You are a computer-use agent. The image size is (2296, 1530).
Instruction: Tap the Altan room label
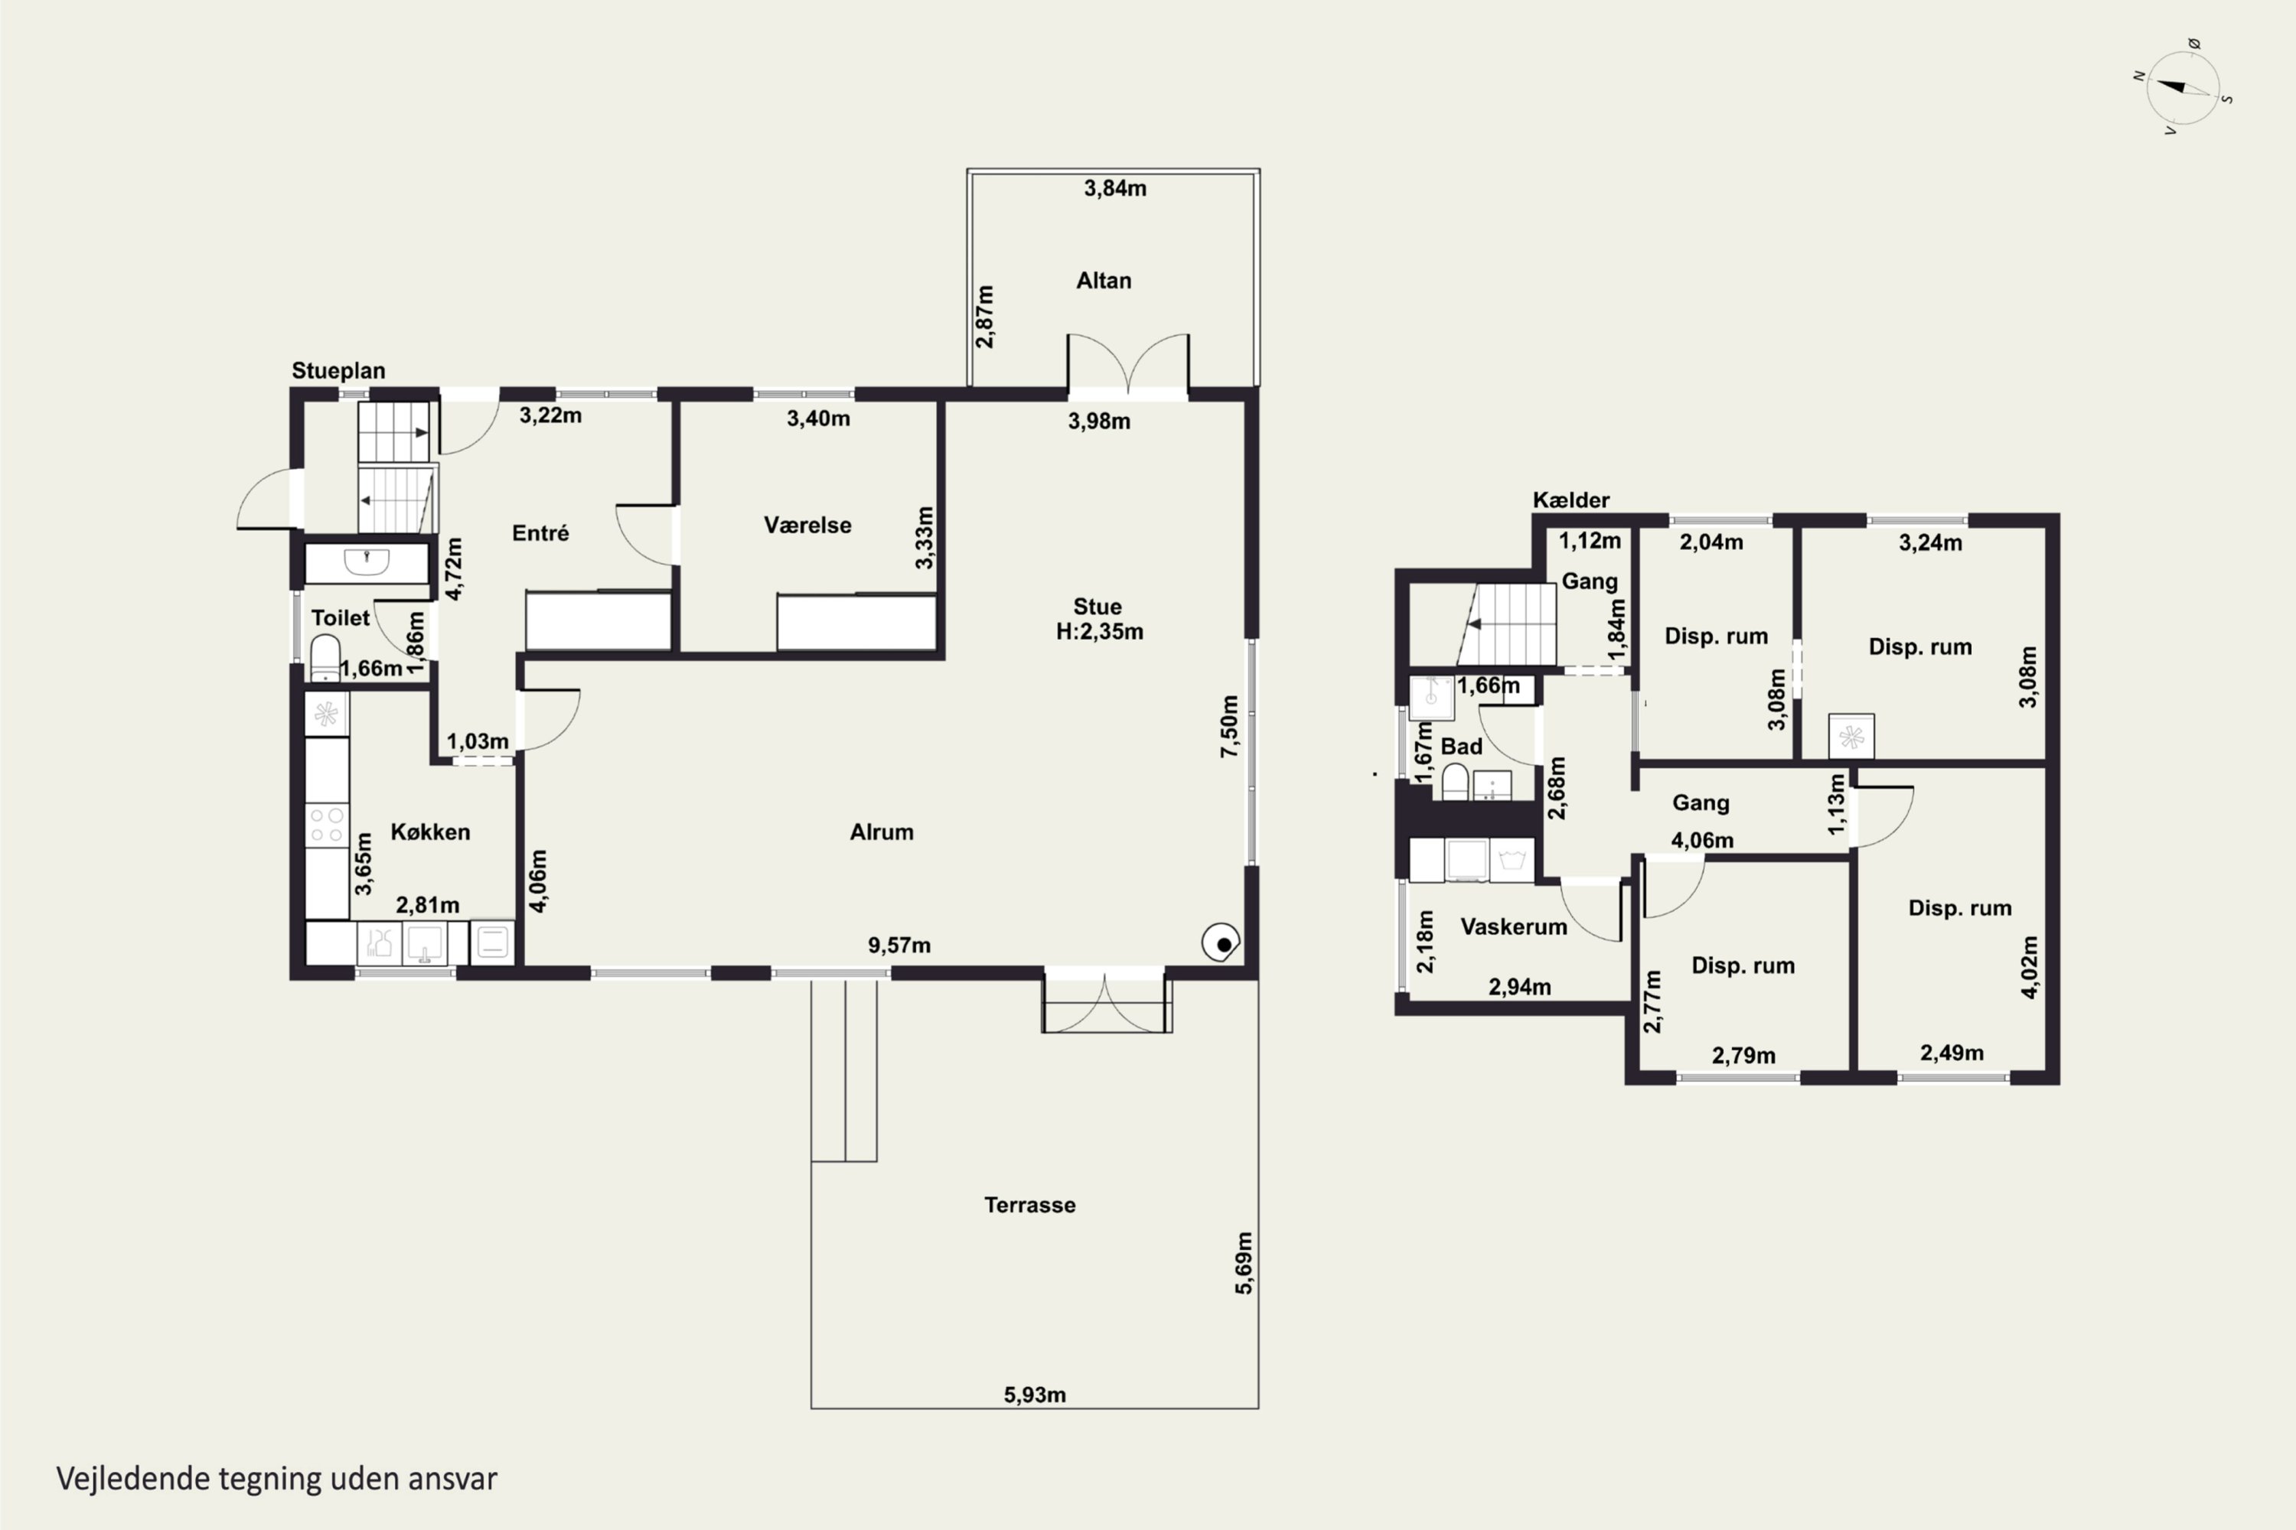coord(1103,281)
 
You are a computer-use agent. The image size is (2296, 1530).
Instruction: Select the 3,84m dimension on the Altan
coord(1115,188)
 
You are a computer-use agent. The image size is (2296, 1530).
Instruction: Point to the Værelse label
coord(807,525)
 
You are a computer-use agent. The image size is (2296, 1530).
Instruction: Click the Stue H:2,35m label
coord(1099,619)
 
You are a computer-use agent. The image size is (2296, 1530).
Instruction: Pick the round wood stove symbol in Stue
coord(1220,942)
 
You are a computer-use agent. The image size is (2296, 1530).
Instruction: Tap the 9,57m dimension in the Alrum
coord(899,945)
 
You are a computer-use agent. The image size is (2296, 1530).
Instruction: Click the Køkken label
coord(430,832)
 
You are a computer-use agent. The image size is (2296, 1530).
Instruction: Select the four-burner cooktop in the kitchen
coord(326,825)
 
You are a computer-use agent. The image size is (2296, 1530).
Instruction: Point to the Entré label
coord(540,532)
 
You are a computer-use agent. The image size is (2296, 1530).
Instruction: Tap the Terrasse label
coord(1030,1205)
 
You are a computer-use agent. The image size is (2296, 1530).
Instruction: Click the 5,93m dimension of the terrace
coord(1035,1395)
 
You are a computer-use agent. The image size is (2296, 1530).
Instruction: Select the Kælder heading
coord(1570,500)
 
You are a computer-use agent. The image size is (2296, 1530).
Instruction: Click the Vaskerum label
coord(1513,926)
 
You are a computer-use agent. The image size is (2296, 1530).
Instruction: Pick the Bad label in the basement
coord(1461,747)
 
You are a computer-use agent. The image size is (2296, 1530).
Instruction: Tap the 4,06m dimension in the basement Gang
coord(1702,840)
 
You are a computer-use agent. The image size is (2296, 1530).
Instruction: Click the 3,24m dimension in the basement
coord(1930,542)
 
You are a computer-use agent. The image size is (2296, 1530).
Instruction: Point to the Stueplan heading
coord(338,371)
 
